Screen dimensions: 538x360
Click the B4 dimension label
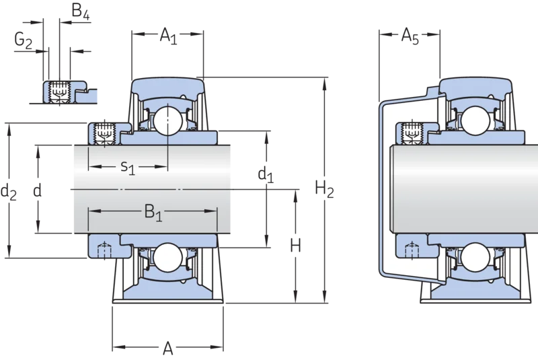tap(81, 11)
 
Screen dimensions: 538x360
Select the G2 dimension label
tap(24, 40)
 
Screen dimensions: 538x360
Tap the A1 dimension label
tap(169, 36)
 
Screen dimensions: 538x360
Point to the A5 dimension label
tap(410, 36)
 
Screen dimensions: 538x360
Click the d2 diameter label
tap(9, 192)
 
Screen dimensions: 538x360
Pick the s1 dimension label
tap(127, 168)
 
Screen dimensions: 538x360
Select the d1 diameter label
tap(266, 175)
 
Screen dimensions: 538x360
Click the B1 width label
tap(153, 213)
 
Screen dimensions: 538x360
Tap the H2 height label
tap(324, 190)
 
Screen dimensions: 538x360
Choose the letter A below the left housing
tap(167, 349)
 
